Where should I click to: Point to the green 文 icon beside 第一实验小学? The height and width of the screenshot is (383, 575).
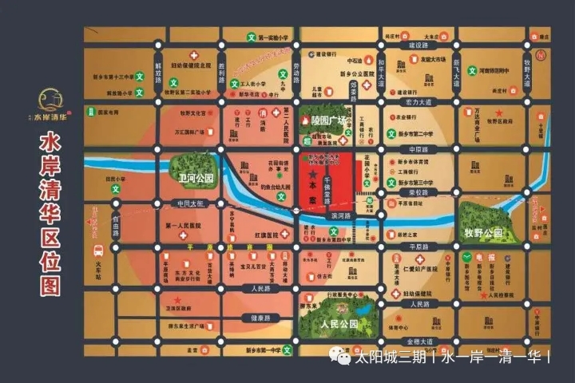pyautogui.click(x=251, y=38)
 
